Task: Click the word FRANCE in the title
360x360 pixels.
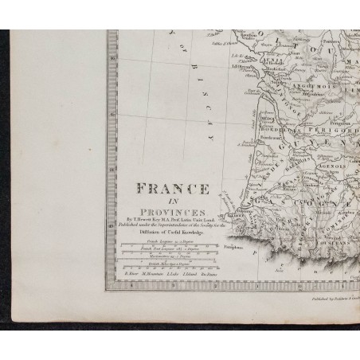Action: coord(172,190)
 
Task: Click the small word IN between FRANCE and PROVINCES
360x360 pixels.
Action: coord(174,200)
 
